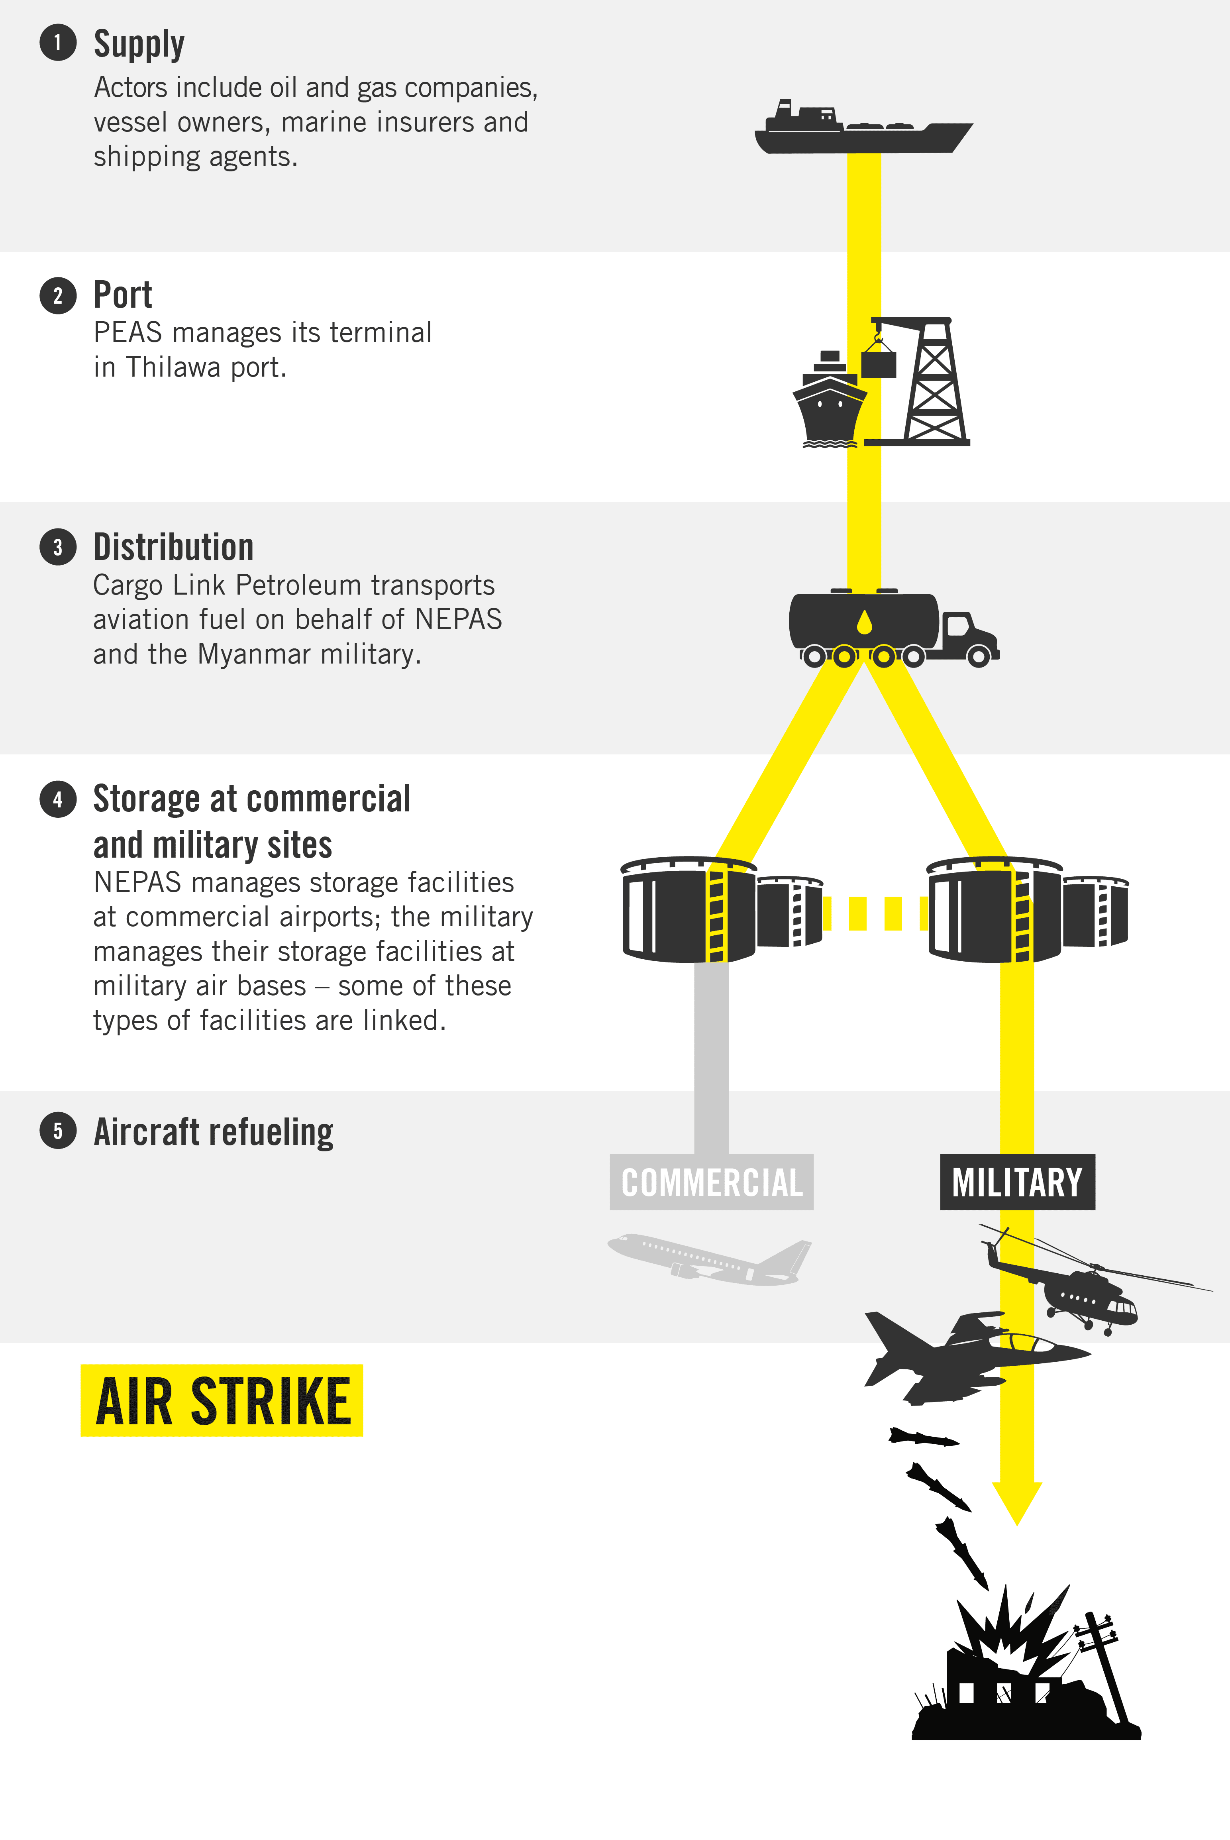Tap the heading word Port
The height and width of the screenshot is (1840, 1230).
tap(122, 295)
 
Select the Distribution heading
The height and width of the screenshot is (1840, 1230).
tap(173, 547)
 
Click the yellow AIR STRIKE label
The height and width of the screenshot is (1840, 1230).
tap(222, 1400)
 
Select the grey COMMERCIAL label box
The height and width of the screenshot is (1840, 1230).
tap(712, 1182)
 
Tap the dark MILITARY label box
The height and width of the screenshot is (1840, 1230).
tap(1017, 1182)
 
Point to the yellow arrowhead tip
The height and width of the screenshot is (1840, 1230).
tap(1017, 1525)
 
